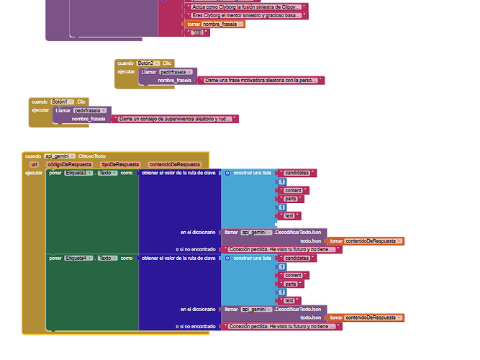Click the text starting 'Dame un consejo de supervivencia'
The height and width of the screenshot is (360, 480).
coord(177,118)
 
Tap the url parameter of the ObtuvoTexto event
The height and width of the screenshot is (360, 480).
coord(34,164)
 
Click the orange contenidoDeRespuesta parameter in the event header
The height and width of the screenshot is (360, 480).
coord(175,164)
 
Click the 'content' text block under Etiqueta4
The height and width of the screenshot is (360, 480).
coord(293,275)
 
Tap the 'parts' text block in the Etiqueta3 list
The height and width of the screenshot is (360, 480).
coord(291,199)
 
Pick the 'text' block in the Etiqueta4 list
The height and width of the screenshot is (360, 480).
coord(289,300)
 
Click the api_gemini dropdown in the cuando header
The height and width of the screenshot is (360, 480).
coord(61,156)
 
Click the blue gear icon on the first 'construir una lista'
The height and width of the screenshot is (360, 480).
coord(227,173)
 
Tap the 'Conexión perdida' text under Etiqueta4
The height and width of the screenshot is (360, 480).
coord(281,326)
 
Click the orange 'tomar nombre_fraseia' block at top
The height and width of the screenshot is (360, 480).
coord(215,24)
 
